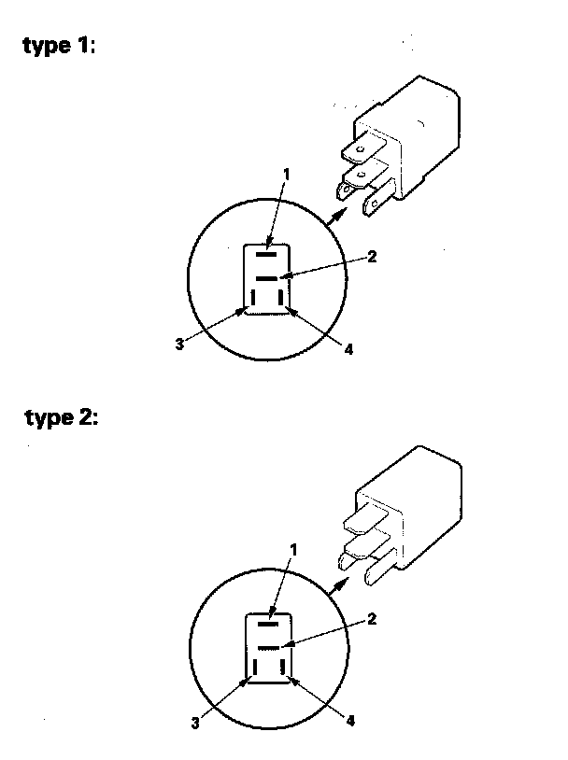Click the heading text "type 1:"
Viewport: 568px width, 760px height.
coord(59,48)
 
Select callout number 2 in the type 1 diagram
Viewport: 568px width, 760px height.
coord(372,257)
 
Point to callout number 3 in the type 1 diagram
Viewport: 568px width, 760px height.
coord(177,345)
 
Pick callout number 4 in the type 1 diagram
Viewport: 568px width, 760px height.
coord(348,349)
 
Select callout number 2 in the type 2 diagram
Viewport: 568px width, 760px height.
coord(371,618)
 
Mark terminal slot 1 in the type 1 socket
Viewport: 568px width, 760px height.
coord(266,252)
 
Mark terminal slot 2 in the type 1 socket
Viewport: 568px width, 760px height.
coord(266,279)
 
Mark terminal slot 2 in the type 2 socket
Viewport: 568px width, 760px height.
coord(269,646)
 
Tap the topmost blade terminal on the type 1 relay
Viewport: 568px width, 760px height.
coord(360,148)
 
